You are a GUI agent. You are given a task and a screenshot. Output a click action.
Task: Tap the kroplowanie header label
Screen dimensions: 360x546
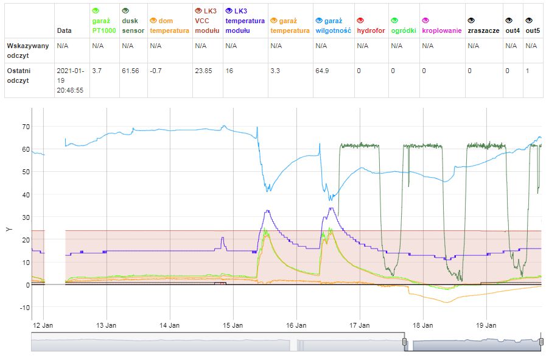tap(441, 30)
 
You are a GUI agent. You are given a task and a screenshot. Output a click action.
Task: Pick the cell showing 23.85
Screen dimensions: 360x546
tap(203, 71)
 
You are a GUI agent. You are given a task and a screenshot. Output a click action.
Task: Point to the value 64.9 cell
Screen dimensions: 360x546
tap(324, 71)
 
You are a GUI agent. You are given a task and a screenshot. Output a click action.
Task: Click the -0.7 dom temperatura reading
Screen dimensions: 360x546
tap(156, 71)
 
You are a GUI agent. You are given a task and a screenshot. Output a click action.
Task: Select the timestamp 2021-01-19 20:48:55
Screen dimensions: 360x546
tap(70, 80)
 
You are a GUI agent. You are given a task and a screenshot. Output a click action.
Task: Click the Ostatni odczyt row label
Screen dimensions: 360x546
tap(18, 76)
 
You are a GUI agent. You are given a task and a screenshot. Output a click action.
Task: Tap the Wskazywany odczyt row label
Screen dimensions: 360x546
tap(23, 50)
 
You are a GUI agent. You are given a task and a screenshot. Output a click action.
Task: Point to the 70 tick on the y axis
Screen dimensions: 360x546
tap(26, 127)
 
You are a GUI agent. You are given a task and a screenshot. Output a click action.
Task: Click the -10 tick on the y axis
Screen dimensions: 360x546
tap(23, 308)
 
